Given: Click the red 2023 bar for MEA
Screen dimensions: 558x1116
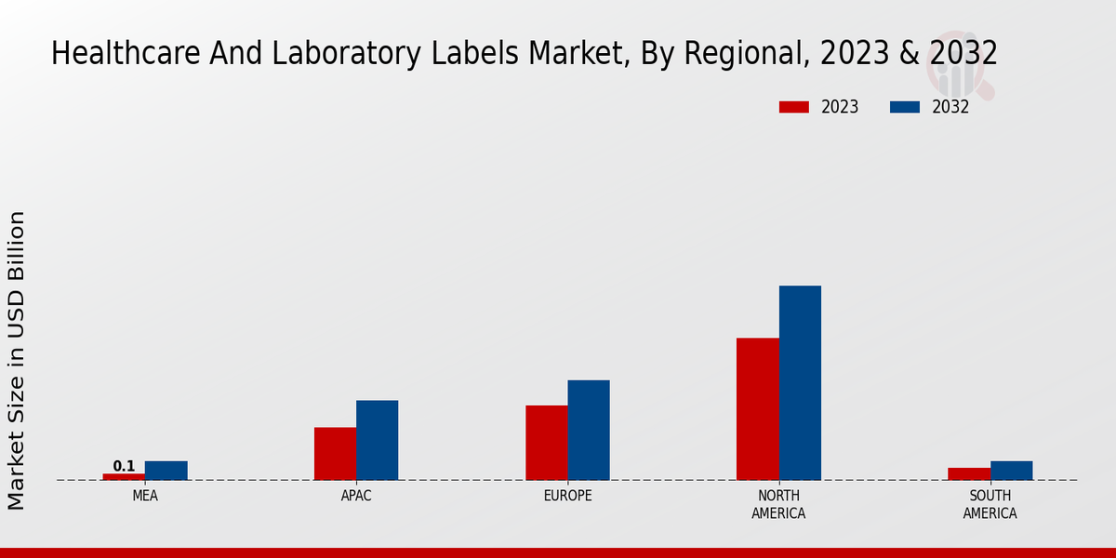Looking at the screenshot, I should [x=124, y=476].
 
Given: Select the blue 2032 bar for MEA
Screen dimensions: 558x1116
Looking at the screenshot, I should [x=166, y=471].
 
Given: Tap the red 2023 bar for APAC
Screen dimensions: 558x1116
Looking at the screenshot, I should [x=335, y=454].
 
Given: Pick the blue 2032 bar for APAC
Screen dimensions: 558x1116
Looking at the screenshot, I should [x=378, y=440].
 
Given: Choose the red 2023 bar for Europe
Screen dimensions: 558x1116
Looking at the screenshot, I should [x=547, y=443].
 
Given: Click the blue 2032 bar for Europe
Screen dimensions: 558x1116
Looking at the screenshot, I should [x=589, y=430].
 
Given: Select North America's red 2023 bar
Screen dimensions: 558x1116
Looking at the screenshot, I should [x=758, y=409].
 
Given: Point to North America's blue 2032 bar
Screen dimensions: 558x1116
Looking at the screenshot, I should [x=800, y=382].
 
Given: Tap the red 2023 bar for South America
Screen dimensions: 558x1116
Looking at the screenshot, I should [x=969, y=473].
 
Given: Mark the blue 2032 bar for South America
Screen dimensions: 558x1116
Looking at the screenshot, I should [x=1012, y=471].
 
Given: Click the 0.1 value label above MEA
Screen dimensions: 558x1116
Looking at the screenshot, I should [x=124, y=466].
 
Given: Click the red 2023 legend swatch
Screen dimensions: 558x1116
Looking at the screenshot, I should [x=794, y=107].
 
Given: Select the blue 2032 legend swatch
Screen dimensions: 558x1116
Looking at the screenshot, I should [x=905, y=107].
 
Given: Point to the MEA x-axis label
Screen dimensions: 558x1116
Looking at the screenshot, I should [x=145, y=496].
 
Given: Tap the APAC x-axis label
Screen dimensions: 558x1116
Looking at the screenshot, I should [x=356, y=496].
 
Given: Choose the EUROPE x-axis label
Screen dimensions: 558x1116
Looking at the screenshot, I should [x=567, y=496].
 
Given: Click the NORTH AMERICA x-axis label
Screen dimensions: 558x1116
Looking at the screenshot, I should [x=778, y=504].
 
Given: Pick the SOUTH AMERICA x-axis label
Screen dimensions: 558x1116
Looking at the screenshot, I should [x=990, y=504].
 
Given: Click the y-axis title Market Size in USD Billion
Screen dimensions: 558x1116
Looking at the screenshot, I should [x=17, y=360].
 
